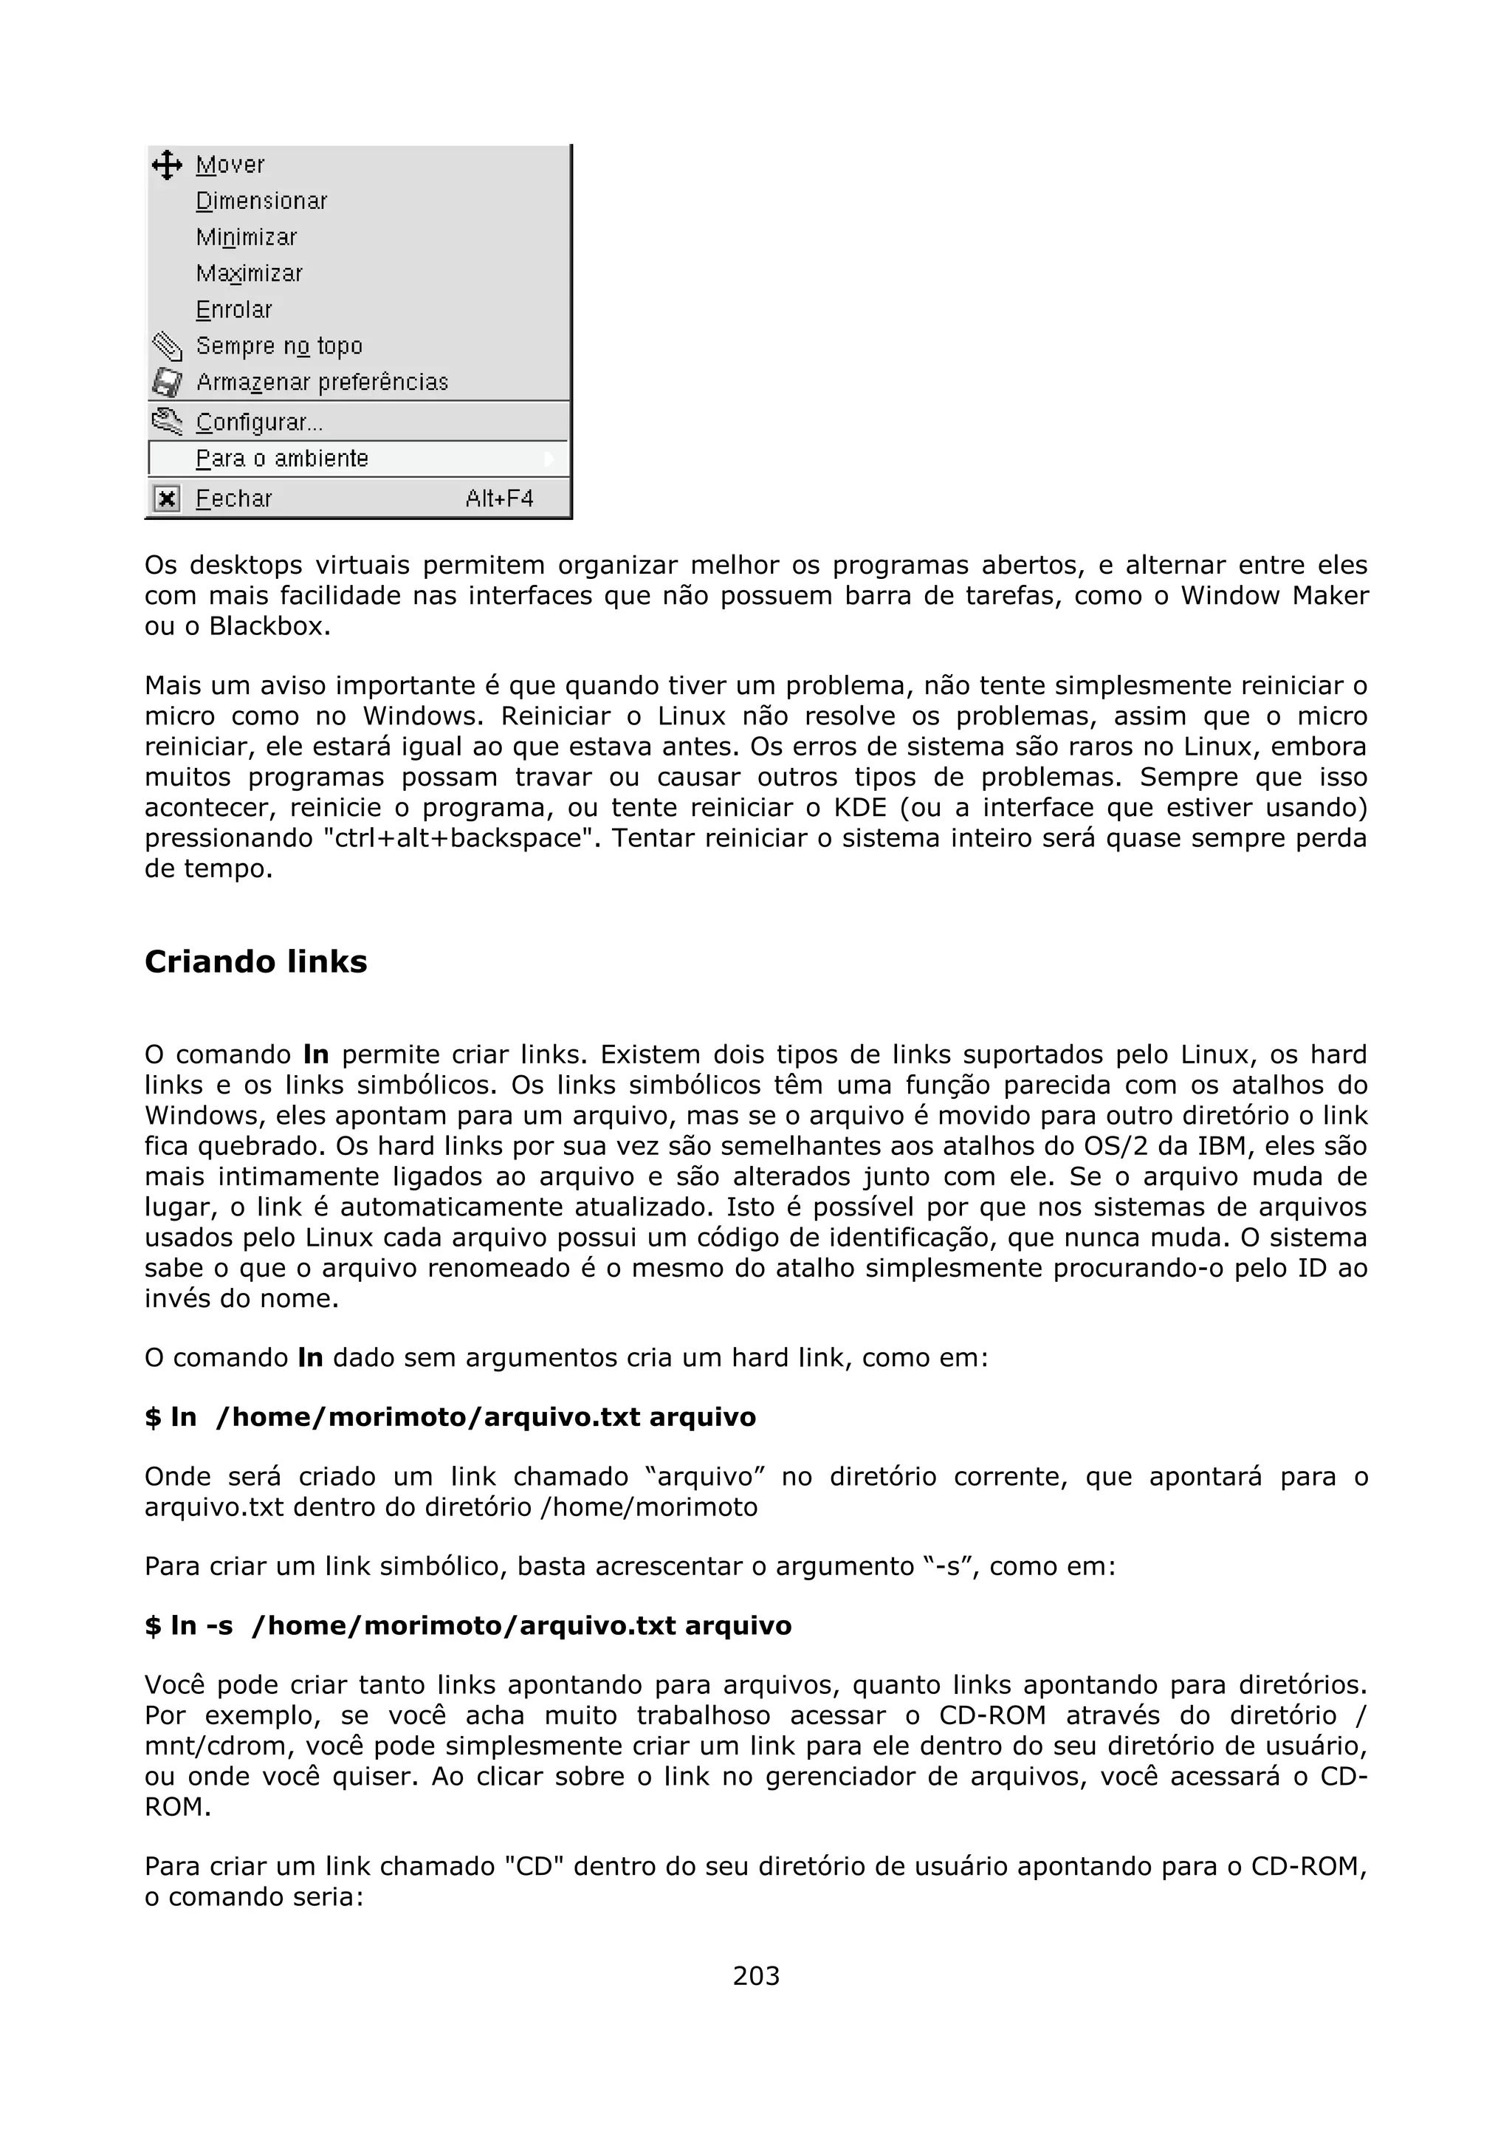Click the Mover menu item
230,165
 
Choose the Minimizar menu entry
246,238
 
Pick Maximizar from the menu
249,274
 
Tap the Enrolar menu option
234,309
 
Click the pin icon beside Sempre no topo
167,347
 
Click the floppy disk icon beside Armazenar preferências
167,383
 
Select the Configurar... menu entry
259,422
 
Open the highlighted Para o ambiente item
282,459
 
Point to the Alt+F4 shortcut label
499,498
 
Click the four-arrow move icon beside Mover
167,165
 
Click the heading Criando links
256,962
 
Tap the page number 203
755,1975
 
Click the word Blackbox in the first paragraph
268,626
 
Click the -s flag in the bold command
220,1625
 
